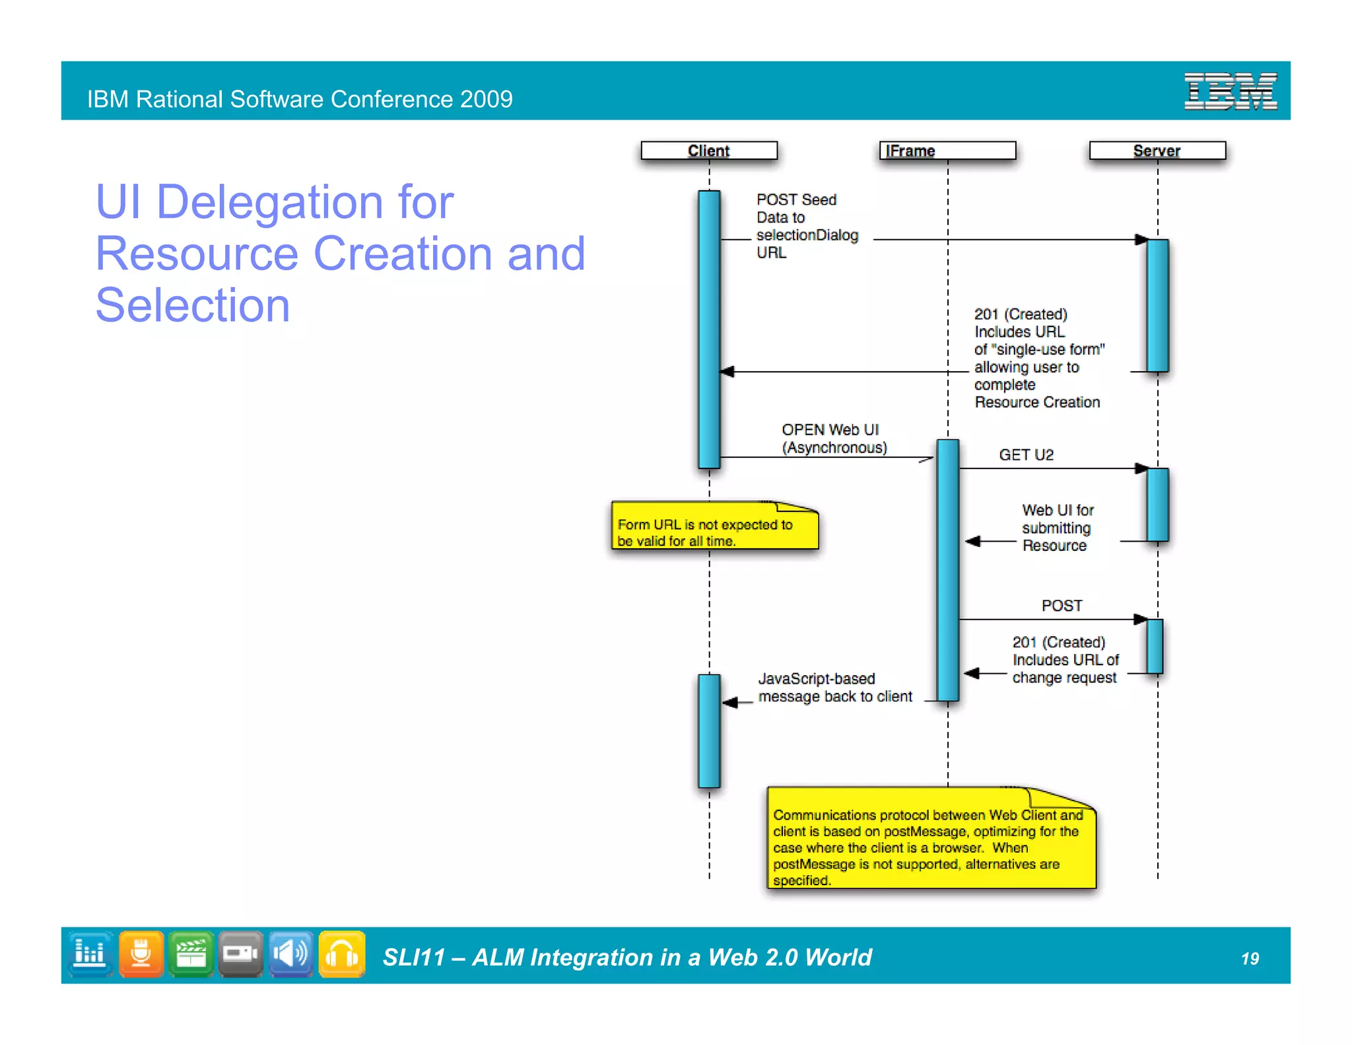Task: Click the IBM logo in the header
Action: (1230, 91)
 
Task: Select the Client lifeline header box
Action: (709, 151)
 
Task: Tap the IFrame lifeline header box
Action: (947, 151)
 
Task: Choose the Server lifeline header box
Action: (1157, 151)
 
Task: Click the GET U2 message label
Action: (1026, 455)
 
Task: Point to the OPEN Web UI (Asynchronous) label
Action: (834, 439)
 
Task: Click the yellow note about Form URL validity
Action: (714, 526)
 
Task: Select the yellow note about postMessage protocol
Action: (931, 840)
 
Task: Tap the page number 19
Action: (1250, 958)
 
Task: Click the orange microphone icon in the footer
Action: (141, 954)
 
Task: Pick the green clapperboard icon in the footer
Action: (191, 954)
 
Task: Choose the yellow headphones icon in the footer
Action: (342, 954)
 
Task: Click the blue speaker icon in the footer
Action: (291, 954)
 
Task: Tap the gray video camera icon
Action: (240, 954)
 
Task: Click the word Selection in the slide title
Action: (193, 305)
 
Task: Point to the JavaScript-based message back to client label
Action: (834, 688)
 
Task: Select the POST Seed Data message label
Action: (807, 226)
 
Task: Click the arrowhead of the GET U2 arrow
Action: (1141, 468)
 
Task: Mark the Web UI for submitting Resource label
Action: (1058, 528)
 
